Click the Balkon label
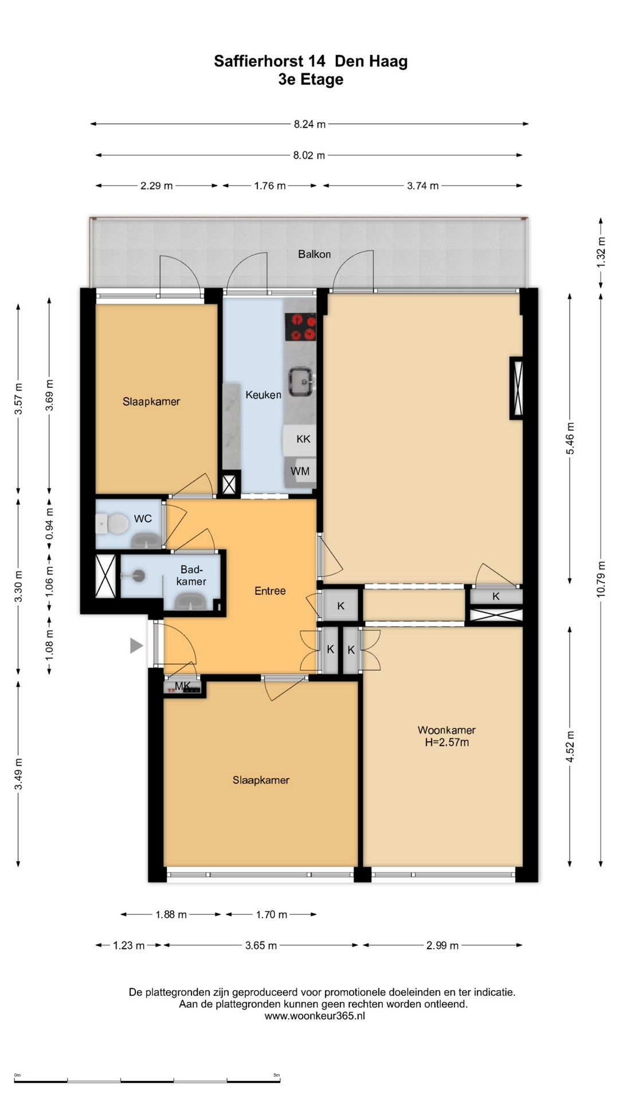[x=314, y=254]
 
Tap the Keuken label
[x=263, y=395]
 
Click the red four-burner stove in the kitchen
[x=300, y=327]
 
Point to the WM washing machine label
[x=300, y=471]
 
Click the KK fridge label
[x=303, y=439]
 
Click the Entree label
[x=270, y=591]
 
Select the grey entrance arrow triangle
[x=136, y=646]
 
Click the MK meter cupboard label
[x=182, y=686]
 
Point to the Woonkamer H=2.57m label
[x=446, y=736]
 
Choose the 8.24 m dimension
[x=309, y=124]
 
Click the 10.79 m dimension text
[x=601, y=579]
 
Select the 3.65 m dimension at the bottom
[x=261, y=945]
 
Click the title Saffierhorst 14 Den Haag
[x=311, y=61]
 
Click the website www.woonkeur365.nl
[x=315, y=1016]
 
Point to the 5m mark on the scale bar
[x=277, y=1075]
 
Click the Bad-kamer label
[x=191, y=575]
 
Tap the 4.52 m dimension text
[x=570, y=747]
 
